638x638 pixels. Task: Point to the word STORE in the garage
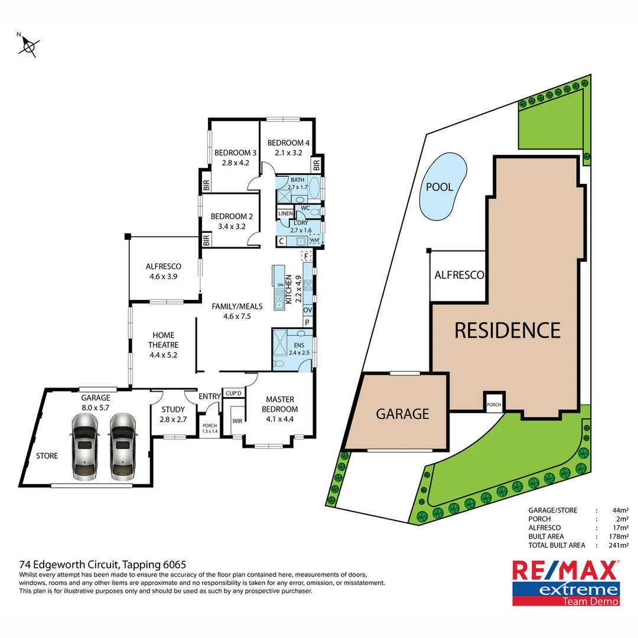[x=47, y=455]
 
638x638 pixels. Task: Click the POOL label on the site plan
[x=440, y=187]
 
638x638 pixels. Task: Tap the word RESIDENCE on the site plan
[x=507, y=330]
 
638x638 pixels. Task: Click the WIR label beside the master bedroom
[x=237, y=421]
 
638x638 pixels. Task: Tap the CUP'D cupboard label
[x=232, y=393]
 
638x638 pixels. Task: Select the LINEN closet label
[x=285, y=213]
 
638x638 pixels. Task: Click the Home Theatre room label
[x=163, y=340]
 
